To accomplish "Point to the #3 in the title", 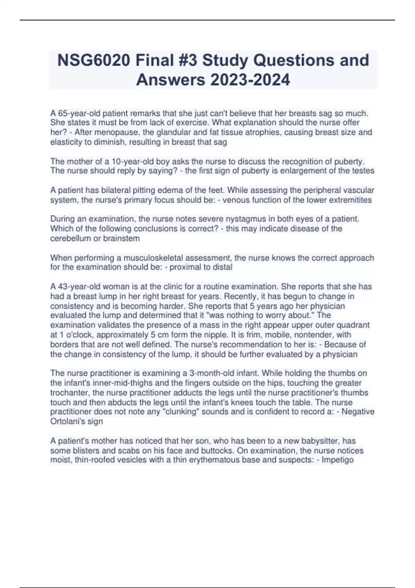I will click(185, 60).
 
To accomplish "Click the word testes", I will click(362, 171).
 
